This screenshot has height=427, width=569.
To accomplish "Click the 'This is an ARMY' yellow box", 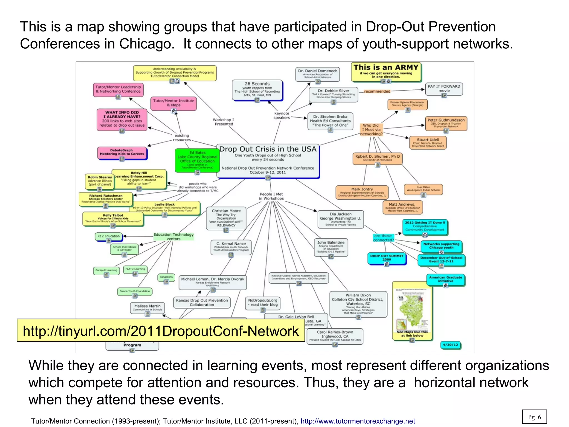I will [386, 72].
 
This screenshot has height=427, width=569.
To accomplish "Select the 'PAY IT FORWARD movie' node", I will [444, 89].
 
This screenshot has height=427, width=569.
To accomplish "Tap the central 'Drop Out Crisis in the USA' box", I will [268, 161].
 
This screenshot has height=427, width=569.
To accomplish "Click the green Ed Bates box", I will [197, 160].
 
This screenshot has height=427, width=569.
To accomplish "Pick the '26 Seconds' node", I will [257, 90].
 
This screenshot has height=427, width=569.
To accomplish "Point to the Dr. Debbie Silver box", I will [333, 94].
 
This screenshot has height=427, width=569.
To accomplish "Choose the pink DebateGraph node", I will [122, 152].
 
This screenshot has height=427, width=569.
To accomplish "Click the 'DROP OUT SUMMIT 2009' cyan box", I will [386, 258].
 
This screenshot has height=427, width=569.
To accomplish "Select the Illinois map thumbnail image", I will [412, 309].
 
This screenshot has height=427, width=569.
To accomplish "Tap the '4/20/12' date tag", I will [450, 345].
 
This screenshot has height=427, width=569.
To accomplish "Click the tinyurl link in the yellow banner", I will [161, 331].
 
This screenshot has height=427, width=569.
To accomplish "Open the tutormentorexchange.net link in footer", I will [358, 421].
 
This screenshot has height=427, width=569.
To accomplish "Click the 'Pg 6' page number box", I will [534, 417].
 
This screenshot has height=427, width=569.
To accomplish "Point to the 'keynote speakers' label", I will [281, 115].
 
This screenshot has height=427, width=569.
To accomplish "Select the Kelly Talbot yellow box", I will [113, 219].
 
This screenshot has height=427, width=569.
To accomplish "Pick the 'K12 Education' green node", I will [108, 236].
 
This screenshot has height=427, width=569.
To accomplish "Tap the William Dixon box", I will [358, 304].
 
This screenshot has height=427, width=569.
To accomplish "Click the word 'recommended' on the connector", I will [377, 91].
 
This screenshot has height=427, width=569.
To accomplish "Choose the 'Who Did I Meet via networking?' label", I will [371, 130].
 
